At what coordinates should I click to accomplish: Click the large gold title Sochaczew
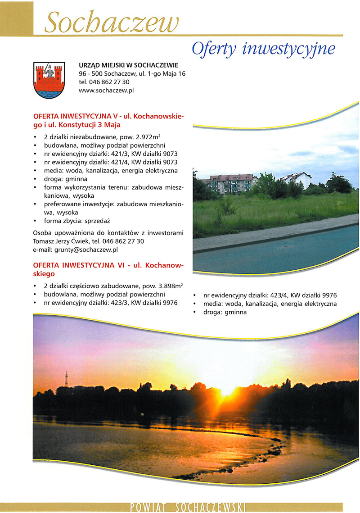[x=112, y=22]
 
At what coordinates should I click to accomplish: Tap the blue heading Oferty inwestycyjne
[x=263, y=49]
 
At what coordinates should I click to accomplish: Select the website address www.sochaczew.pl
[x=106, y=90]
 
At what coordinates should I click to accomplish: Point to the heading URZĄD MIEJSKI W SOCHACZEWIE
[x=128, y=65]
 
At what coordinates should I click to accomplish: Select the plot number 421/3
[x=119, y=154]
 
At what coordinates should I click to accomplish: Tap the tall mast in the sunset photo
[x=66, y=379]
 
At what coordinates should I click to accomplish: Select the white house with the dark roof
[x=298, y=179]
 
